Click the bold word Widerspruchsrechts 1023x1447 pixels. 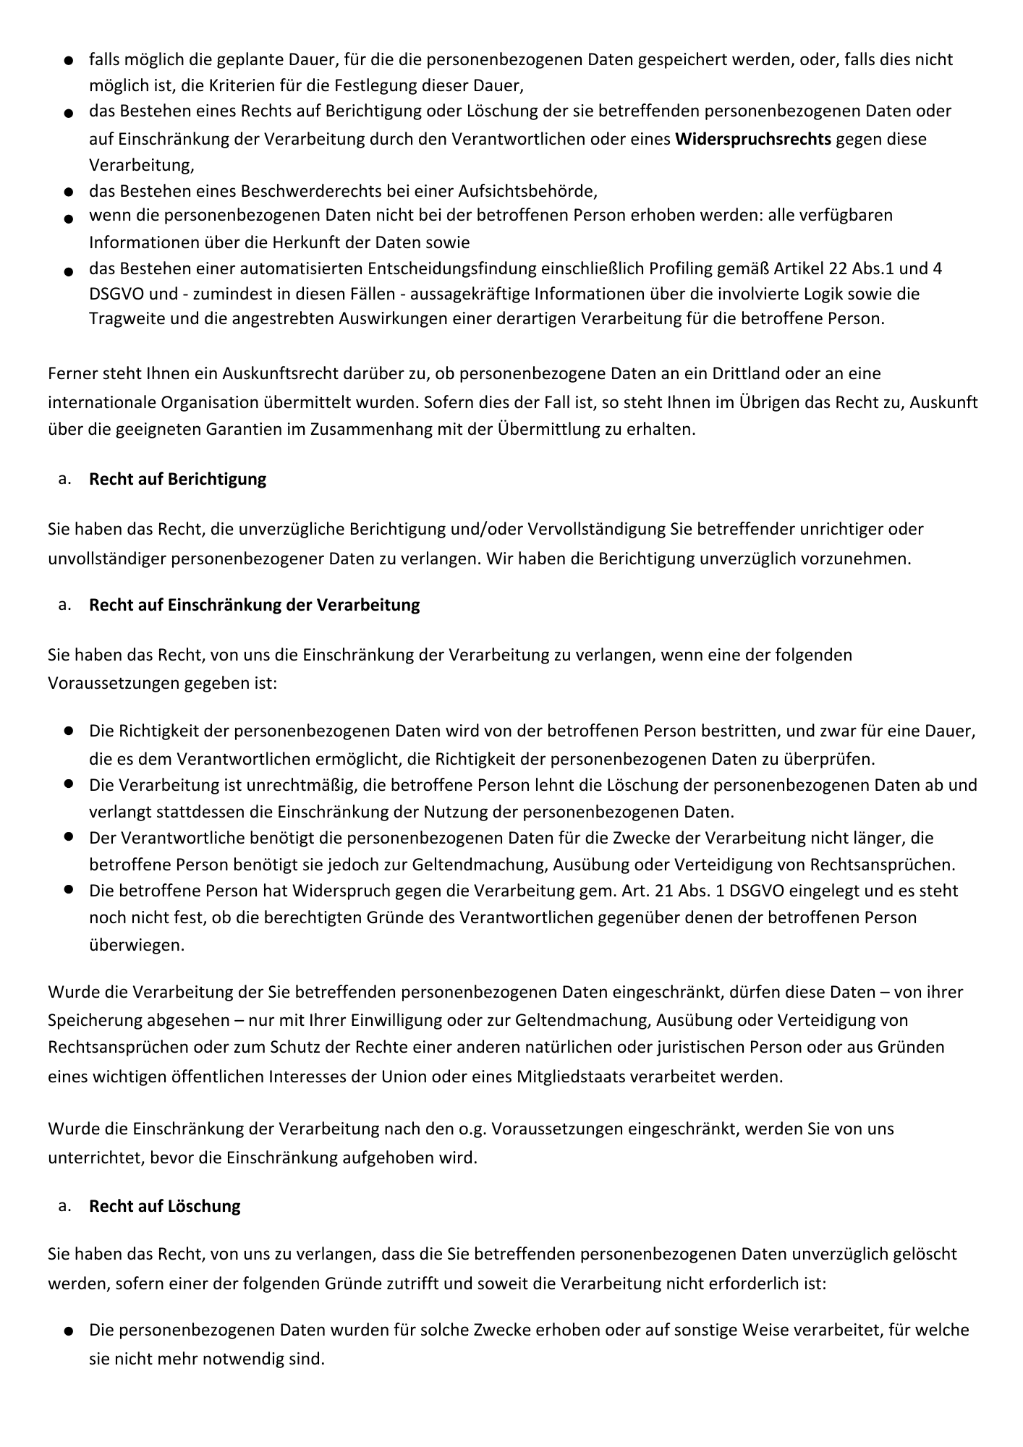[752, 139]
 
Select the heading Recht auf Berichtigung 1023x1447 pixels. [177, 479]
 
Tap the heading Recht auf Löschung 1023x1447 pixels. [164, 1206]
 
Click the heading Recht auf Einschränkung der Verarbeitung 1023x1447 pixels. [254, 605]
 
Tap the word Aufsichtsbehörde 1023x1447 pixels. [527, 192]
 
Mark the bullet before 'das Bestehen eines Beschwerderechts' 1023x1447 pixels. [67, 192]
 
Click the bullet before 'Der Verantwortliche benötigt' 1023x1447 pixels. [68, 836]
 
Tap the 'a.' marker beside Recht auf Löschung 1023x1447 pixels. [65, 1206]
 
